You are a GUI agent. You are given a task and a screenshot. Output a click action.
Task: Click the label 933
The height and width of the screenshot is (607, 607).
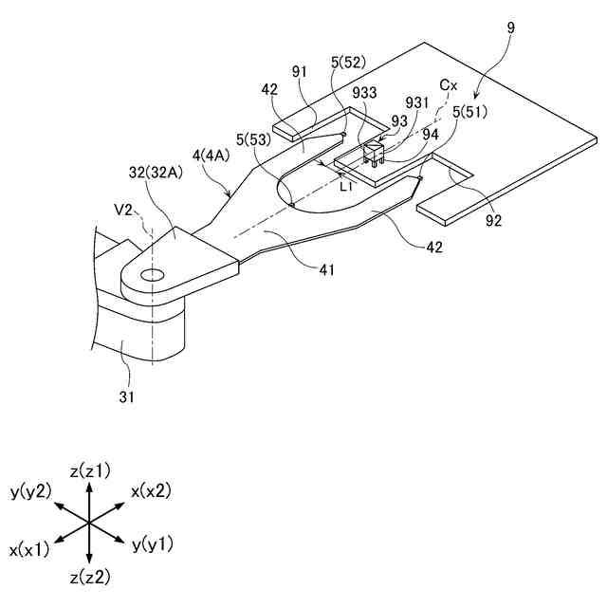[x=365, y=93]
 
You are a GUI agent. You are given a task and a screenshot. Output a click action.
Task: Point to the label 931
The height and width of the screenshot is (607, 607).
[x=416, y=102]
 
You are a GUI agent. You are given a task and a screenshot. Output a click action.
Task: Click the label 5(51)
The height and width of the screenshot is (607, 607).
[x=470, y=112]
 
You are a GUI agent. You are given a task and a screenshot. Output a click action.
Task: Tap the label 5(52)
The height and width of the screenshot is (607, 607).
[x=349, y=64]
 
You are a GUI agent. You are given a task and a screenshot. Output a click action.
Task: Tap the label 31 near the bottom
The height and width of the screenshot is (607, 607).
[x=125, y=397]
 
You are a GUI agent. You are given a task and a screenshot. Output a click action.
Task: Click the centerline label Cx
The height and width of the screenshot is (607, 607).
[x=449, y=85]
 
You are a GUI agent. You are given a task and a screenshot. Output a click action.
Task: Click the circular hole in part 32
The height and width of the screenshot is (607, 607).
[x=151, y=276]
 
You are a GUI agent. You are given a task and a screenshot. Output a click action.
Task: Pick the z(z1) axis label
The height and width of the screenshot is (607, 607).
[x=90, y=470]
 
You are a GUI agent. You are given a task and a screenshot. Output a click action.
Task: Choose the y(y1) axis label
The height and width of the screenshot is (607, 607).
[x=153, y=543]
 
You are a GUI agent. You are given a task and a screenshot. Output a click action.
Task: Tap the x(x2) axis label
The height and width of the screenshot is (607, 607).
[x=152, y=490]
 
